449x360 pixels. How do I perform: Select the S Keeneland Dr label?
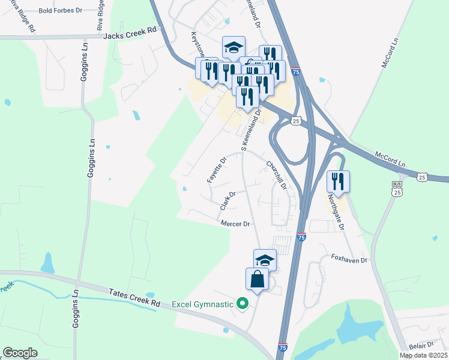click(x=252, y=130)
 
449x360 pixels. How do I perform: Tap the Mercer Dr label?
click(x=235, y=224)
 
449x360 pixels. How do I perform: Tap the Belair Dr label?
click(x=421, y=345)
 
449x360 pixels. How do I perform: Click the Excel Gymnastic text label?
click(x=202, y=304)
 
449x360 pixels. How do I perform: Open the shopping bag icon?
click(x=257, y=280)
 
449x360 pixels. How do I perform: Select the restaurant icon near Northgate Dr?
click(x=338, y=182)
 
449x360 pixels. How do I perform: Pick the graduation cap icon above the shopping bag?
click(x=265, y=260)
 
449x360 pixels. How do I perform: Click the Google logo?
click(x=20, y=353)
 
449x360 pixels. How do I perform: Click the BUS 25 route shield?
click(x=396, y=188)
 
